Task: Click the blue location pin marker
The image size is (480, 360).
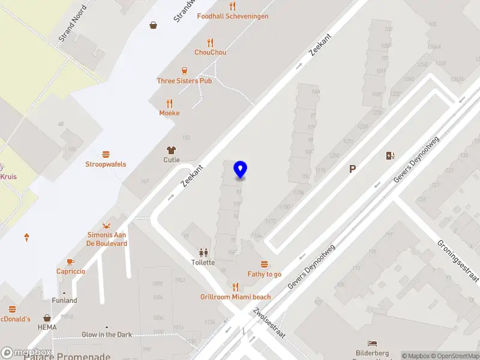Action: (x=241, y=169)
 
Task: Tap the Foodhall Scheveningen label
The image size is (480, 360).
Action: (x=232, y=16)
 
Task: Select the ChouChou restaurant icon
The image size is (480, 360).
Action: (x=210, y=42)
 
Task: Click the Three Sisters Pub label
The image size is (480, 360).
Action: (x=184, y=80)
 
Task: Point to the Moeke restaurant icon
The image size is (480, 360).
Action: (x=169, y=103)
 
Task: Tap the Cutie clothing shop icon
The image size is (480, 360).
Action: (x=172, y=150)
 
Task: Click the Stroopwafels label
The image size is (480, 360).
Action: (x=106, y=164)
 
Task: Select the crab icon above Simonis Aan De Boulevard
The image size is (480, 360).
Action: (x=107, y=225)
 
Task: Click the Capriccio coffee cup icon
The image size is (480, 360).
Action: (x=70, y=262)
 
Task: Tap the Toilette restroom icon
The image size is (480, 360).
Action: (x=203, y=253)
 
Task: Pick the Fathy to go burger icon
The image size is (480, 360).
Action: (x=264, y=264)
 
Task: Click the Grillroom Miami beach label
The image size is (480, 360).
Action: (x=235, y=297)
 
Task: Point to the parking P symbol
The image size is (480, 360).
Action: (x=353, y=169)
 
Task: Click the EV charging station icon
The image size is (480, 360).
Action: (x=391, y=156)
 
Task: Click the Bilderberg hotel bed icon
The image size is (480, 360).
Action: (x=373, y=344)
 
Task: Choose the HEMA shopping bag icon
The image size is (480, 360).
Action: (x=47, y=318)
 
